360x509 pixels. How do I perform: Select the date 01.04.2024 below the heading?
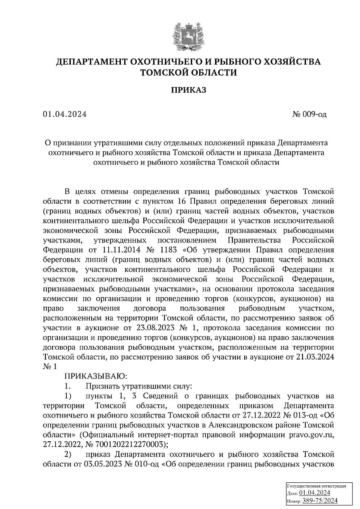[x=65, y=114]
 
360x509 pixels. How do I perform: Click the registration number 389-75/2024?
[x=320, y=501]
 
